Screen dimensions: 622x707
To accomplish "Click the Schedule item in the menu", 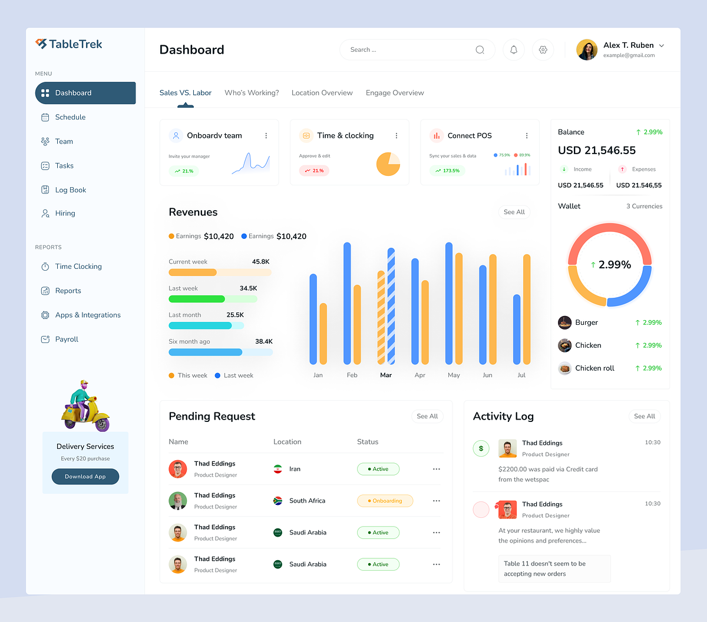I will pyautogui.click(x=70, y=117).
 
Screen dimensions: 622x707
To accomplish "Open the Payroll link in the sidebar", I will pyautogui.click(x=67, y=340).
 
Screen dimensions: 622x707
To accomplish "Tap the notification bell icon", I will pyautogui.click(x=514, y=50).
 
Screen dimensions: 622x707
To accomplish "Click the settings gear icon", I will pyautogui.click(x=543, y=50).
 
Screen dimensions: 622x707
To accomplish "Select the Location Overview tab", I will pyautogui.click(x=322, y=93).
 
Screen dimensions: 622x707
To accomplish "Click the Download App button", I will pyautogui.click(x=85, y=477).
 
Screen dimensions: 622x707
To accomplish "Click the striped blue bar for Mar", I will pyautogui.click(x=391, y=306).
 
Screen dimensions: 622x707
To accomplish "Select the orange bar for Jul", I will pyautogui.click(x=527, y=309).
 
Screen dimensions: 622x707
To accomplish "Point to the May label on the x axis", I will pyautogui.click(x=454, y=375).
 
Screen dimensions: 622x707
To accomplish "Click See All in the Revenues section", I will pyautogui.click(x=514, y=212).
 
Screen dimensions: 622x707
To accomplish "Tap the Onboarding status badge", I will pyautogui.click(x=385, y=501).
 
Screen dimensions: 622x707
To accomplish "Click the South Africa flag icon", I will pyautogui.click(x=278, y=501).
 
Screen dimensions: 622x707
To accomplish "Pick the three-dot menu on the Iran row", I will pyautogui.click(x=436, y=469).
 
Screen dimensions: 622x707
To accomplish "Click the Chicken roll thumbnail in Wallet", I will pyautogui.click(x=565, y=368).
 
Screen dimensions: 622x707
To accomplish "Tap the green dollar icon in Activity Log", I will pyautogui.click(x=481, y=448).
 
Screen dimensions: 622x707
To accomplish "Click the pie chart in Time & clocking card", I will pyautogui.click(x=388, y=164).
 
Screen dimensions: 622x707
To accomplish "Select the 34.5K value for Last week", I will pyautogui.click(x=248, y=288).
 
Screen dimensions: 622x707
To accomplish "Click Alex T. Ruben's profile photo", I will pyautogui.click(x=587, y=50).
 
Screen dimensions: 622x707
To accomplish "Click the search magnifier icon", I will pyautogui.click(x=480, y=50).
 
